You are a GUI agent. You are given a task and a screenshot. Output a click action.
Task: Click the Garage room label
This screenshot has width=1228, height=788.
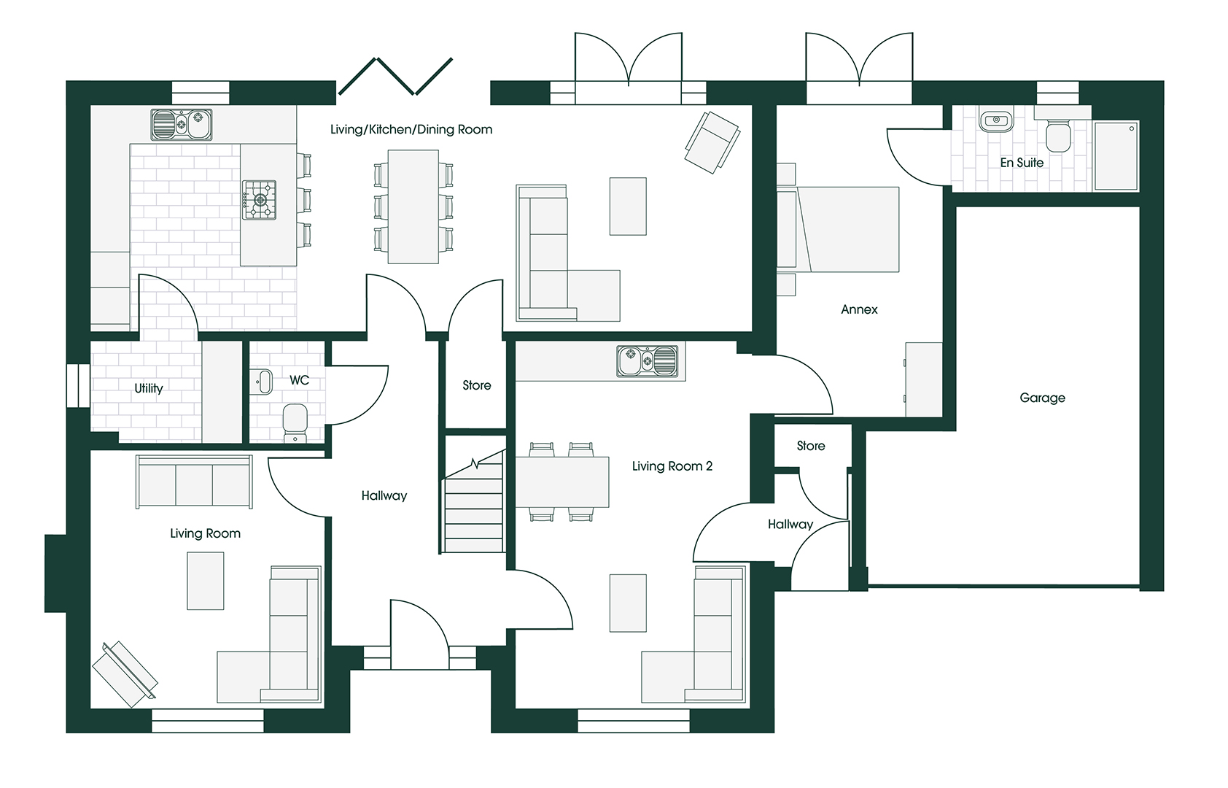(1042, 398)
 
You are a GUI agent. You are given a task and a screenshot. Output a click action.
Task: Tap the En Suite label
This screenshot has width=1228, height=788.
(1022, 162)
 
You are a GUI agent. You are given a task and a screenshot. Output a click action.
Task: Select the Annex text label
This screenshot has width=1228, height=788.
(859, 310)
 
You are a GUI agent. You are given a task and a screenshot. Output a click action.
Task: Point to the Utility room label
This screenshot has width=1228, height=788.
(149, 388)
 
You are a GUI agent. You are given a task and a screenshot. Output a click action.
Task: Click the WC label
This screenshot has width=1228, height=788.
(299, 380)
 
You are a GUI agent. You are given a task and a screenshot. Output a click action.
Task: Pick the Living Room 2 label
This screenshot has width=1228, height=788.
(672, 466)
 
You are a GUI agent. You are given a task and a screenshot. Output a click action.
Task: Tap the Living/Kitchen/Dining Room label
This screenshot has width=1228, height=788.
(411, 129)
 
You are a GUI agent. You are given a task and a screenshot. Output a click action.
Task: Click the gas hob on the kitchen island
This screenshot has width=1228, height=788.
(259, 200)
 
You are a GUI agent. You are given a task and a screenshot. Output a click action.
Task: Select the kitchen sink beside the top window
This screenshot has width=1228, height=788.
(182, 125)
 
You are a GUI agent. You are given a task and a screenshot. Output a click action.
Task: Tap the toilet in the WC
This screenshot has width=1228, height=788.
(295, 423)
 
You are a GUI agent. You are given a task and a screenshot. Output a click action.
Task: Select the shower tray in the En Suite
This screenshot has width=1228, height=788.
(1116, 156)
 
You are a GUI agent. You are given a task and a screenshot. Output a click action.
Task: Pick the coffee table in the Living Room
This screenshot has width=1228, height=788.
(206, 581)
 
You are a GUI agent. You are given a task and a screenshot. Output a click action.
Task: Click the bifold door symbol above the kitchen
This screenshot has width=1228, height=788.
(395, 77)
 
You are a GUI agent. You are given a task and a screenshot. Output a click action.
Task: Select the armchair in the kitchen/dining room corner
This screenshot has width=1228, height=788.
(712, 142)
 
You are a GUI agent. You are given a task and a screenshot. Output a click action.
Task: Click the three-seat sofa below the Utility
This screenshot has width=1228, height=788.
(194, 482)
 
